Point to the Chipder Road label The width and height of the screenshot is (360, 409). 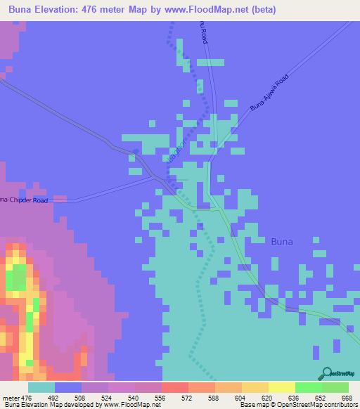(x=25, y=200)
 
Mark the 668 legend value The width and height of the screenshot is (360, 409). (x=347, y=398)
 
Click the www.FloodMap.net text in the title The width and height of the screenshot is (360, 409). (x=213, y=10)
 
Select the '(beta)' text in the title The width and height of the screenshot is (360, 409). (x=261, y=10)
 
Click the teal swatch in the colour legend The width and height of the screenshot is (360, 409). (x=41, y=387)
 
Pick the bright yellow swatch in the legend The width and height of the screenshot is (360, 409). (x=281, y=387)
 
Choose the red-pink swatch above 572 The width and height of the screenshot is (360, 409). (x=174, y=387)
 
